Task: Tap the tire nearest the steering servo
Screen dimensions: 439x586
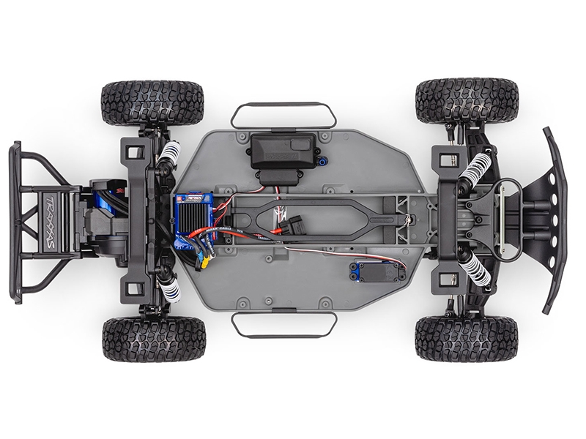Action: pos(466,339)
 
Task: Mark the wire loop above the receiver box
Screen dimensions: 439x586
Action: pos(283,114)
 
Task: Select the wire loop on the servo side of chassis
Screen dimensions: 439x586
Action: pos(283,325)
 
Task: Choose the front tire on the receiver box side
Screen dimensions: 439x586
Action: pos(467,100)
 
